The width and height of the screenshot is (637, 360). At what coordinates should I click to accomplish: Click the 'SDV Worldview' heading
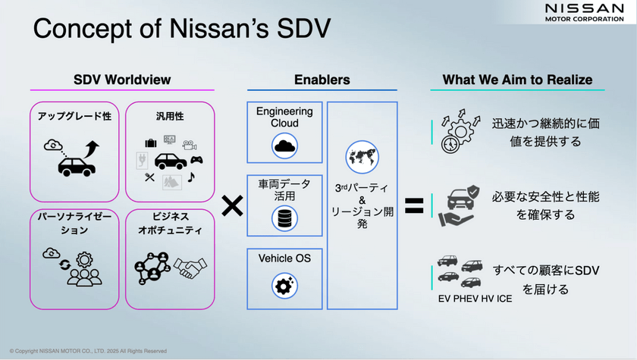click(122, 80)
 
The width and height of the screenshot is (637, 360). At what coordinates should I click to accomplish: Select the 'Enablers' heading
click(322, 80)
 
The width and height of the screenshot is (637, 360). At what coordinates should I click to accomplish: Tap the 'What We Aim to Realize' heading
click(517, 80)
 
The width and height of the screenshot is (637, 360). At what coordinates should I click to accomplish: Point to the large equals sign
click(413, 205)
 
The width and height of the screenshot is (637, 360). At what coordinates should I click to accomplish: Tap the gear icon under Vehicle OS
click(285, 286)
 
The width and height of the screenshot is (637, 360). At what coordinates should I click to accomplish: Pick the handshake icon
click(190, 266)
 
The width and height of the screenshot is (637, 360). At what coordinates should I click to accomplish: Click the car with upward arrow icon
click(74, 157)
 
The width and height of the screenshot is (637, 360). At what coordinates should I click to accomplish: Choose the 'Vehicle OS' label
click(284, 258)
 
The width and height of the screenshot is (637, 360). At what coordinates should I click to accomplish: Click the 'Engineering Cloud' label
click(284, 117)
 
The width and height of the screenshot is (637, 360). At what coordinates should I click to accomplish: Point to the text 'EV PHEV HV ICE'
click(475, 298)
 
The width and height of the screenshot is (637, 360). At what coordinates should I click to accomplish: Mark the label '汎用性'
click(170, 116)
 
